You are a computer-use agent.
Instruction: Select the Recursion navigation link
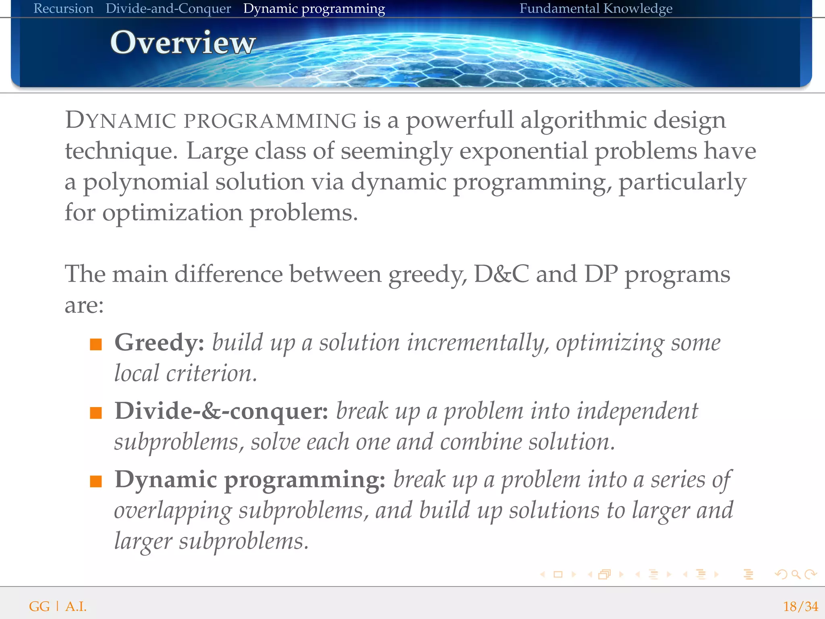point(63,8)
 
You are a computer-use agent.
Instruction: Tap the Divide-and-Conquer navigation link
point(168,8)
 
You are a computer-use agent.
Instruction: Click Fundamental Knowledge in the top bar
point(595,8)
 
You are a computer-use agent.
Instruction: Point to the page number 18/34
point(800,606)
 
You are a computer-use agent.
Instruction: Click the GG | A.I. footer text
point(58,606)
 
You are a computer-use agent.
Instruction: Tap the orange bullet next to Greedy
point(96,345)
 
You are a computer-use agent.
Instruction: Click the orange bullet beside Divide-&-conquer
point(96,413)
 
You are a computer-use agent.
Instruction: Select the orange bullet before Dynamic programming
point(96,482)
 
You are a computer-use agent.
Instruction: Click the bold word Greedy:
point(160,343)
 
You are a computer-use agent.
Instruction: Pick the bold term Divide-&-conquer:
point(221,411)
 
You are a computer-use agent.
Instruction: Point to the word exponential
point(524,152)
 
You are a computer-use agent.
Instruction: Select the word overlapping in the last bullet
point(173,511)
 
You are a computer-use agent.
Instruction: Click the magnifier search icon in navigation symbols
point(796,574)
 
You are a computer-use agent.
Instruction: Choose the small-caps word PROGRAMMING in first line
point(270,121)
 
